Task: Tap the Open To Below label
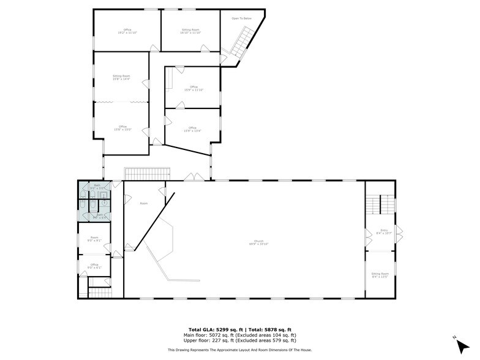pyautogui.click(x=241, y=18)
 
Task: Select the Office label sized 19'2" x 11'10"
pyautogui.click(x=127, y=31)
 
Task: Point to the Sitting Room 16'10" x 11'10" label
pyautogui.click(x=190, y=31)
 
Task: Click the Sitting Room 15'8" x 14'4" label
pyautogui.click(x=121, y=77)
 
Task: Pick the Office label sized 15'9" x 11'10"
pyautogui.click(x=193, y=88)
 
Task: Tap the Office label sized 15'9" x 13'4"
pyautogui.click(x=192, y=129)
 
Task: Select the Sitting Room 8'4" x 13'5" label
pyautogui.click(x=380, y=276)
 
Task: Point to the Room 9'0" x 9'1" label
pyautogui.click(x=94, y=239)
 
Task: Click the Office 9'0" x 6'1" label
pyautogui.click(x=94, y=266)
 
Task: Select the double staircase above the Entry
pyautogui.click(x=380, y=204)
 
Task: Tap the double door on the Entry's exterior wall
pyautogui.click(x=399, y=233)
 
